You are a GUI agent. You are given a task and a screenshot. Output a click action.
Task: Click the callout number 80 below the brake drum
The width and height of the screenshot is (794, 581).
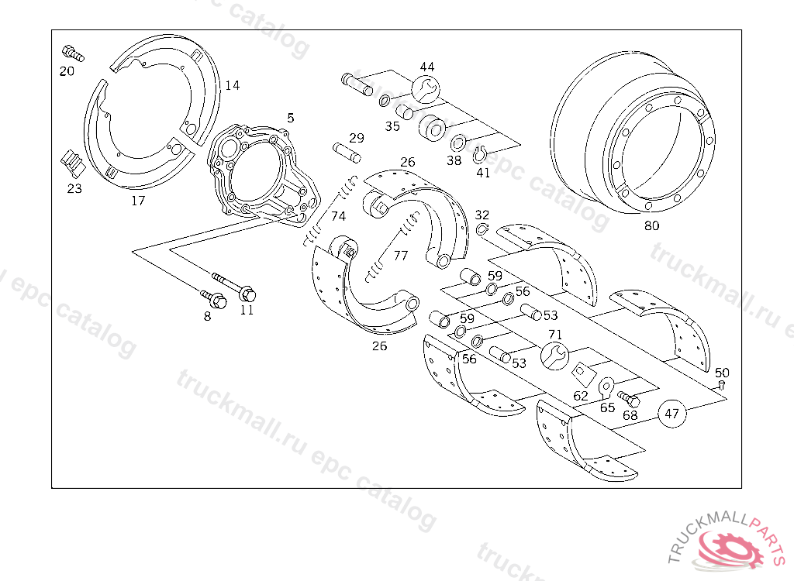click(x=651, y=226)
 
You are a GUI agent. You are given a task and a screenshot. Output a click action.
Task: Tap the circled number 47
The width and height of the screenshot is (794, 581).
click(x=671, y=414)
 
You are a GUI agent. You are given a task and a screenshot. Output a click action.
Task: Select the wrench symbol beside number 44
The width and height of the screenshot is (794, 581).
click(x=425, y=89)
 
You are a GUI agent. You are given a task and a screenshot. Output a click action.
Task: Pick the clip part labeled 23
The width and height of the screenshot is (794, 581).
click(x=72, y=161)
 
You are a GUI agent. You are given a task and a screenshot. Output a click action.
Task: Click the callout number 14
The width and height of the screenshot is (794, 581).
click(x=233, y=85)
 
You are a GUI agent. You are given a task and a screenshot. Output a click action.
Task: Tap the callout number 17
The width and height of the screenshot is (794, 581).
click(x=137, y=201)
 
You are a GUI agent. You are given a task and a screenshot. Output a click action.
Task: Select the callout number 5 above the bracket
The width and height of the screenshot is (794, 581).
click(x=290, y=118)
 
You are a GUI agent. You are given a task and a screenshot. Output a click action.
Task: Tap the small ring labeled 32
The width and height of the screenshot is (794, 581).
click(x=482, y=229)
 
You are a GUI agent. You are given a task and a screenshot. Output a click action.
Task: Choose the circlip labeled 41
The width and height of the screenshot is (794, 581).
click(x=481, y=153)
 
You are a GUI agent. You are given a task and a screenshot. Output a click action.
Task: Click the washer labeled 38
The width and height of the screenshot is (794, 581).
click(x=458, y=143)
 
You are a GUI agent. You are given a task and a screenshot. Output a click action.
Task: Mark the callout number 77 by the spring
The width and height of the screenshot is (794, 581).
click(x=400, y=255)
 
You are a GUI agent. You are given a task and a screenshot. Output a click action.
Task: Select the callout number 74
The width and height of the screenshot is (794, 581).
click(x=338, y=216)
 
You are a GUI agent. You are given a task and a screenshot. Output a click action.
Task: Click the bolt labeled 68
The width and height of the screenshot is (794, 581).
click(x=629, y=401)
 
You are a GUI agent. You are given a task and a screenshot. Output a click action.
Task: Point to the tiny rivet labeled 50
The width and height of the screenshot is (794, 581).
click(x=722, y=384)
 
